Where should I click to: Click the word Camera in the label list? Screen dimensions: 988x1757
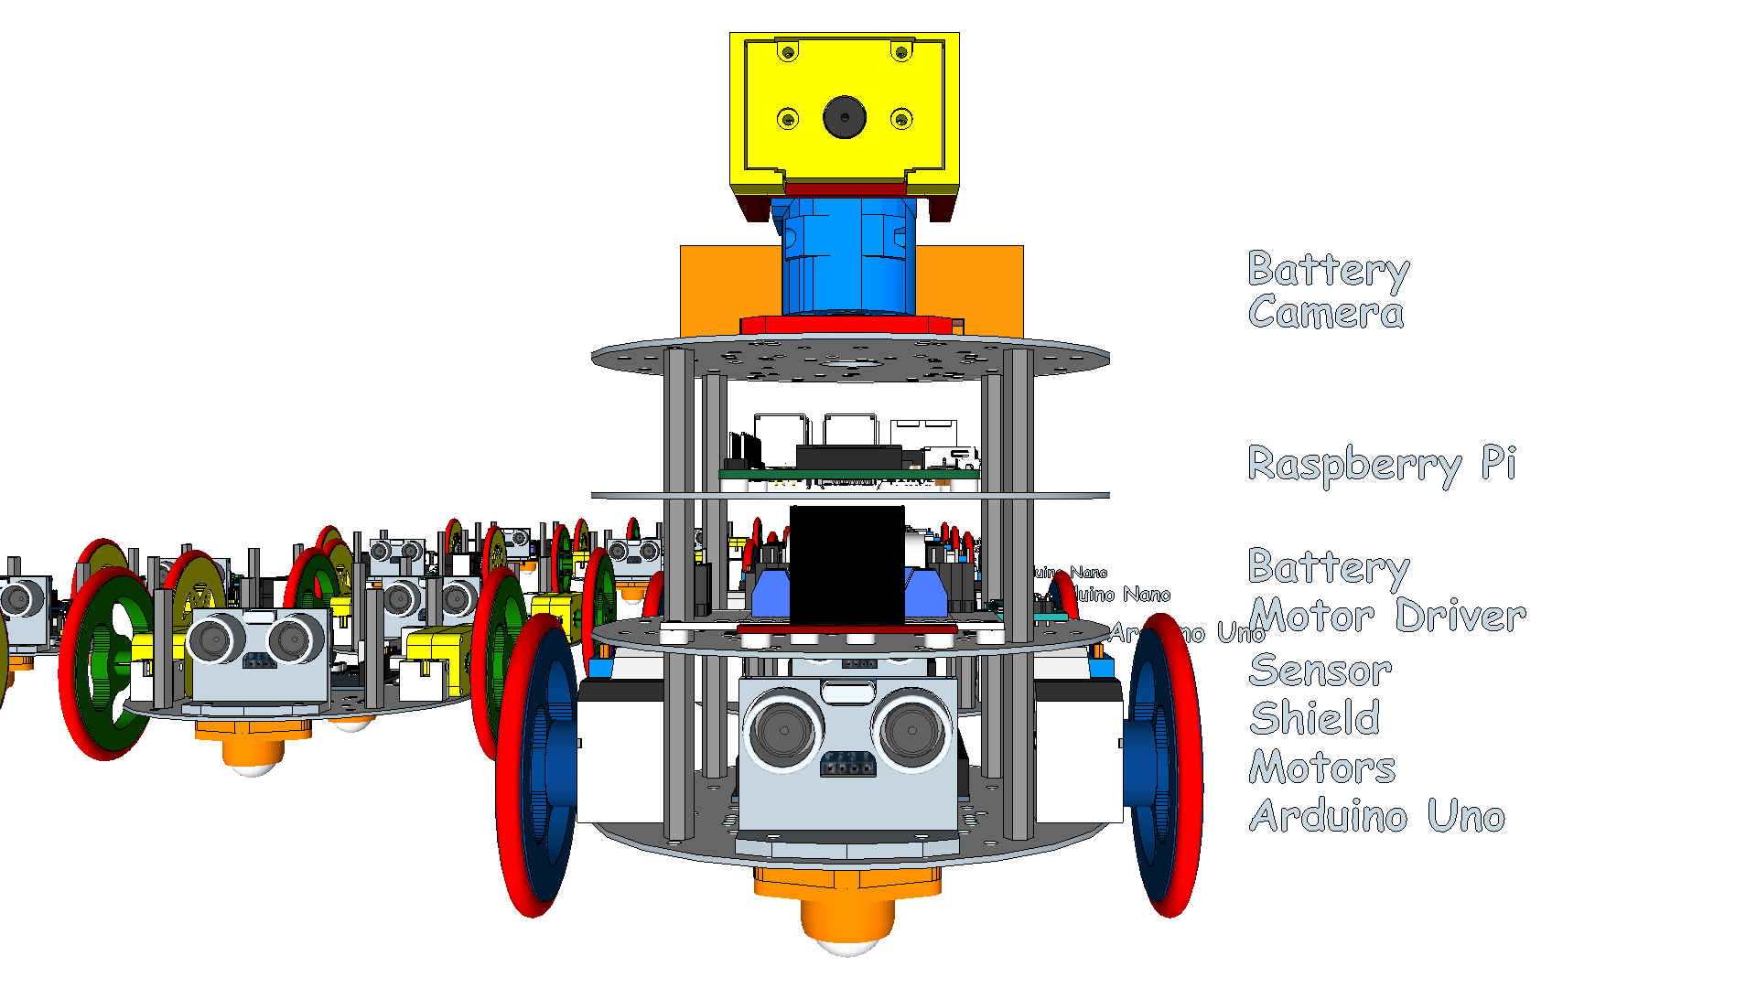pyautogui.click(x=1325, y=313)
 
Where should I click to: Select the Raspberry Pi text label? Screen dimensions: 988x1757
pyautogui.click(x=1382, y=465)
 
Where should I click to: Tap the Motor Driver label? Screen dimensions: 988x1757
pyautogui.click(x=1387, y=616)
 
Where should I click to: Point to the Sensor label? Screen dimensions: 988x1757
pyautogui.click(x=1320, y=671)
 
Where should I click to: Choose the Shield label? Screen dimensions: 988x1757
pyautogui.click(x=1314, y=719)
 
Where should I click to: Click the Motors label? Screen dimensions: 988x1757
pyautogui.click(x=1321, y=768)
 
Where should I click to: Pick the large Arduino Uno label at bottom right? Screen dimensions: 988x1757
pyautogui.click(x=1376, y=816)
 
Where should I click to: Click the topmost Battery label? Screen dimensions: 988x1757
pyautogui.click(x=1328, y=270)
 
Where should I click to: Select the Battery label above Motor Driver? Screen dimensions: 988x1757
pyautogui.click(x=1328, y=567)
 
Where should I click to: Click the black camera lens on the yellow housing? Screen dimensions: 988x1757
pyautogui.click(x=844, y=117)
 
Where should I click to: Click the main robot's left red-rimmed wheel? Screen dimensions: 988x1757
pyautogui.click(x=535, y=764)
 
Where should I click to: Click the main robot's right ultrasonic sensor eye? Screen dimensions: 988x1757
pyautogui.click(x=911, y=730)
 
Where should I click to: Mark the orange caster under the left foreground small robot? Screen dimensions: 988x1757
pyautogui.click(x=252, y=746)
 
